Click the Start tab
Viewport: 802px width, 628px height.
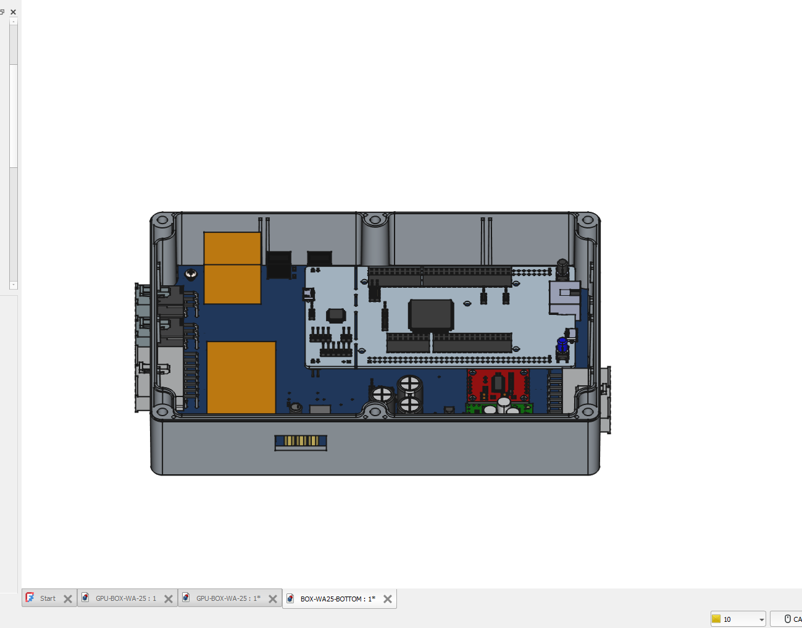(48, 598)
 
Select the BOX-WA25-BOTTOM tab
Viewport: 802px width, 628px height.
(337, 598)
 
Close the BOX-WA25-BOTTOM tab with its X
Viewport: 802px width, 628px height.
(387, 599)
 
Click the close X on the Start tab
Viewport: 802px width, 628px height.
(67, 599)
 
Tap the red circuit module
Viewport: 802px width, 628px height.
(498, 385)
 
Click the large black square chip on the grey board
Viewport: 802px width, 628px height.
(431, 314)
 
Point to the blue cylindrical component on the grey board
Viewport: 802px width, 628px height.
(562, 345)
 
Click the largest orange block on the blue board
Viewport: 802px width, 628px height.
(241, 377)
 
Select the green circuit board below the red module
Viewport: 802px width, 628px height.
(499, 408)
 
